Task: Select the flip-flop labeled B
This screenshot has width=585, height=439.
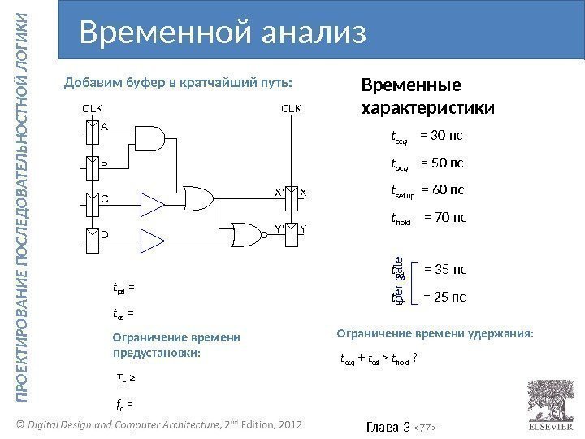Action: coord(94,162)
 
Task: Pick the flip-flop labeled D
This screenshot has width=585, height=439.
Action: coord(94,235)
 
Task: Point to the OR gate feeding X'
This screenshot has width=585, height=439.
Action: coord(200,198)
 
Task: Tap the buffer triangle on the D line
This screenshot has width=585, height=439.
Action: coord(151,239)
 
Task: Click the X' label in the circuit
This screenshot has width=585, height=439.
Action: coord(279,193)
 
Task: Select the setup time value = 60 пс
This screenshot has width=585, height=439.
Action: coord(444,191)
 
